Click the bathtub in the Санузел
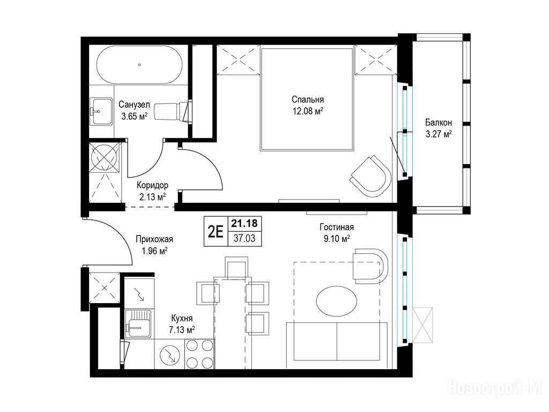point(139,65)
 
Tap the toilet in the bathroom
point(174,111)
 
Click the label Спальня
point(308,99)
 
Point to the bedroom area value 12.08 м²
point(308,112)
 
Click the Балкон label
point(439,123)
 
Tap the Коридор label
point(152,185)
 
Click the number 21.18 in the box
point(244,223)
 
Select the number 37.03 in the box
point(244,239)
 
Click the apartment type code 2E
point(216,231)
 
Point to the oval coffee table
point(337,301)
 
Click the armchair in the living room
point(370,266)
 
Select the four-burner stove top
point(199,354)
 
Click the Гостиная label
point(337,227)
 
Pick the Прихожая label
point(154,239)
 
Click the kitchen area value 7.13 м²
point(182,330)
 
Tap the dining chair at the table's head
point(236,268)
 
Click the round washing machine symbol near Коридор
point(104,157)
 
